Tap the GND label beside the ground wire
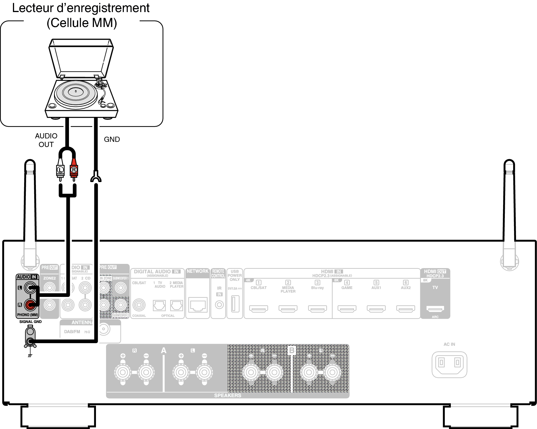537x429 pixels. [x=112, y=139]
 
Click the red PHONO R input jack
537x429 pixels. [x=30, y=305]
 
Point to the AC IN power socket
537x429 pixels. [x=449, y=364]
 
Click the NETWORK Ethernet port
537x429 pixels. [x=198, y=305]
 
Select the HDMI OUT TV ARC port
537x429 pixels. [x=435, y=309]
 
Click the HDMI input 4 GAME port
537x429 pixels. [x=347, y=309]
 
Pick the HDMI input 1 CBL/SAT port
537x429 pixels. [x=259, y=309]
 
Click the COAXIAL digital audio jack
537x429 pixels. [x=139, y=305]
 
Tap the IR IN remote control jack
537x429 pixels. [x=219, y=305]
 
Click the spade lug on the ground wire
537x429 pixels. [x=96, y=177]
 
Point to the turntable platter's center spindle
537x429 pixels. [x=76, y=91]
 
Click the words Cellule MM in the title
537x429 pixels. [x=82, y=23]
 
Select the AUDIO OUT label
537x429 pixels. [x=46, y=140]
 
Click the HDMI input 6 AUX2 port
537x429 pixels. [x=405, y=309]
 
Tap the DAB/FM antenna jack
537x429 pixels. [x=104, y=329]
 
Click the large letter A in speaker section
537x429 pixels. [x=163, y=350]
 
